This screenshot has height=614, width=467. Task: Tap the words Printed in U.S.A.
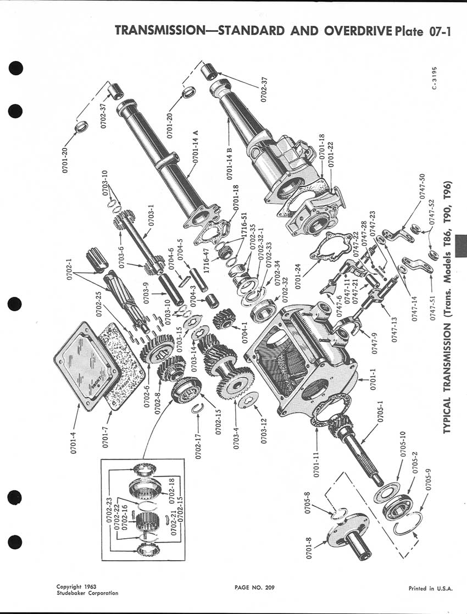coord(431,588)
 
